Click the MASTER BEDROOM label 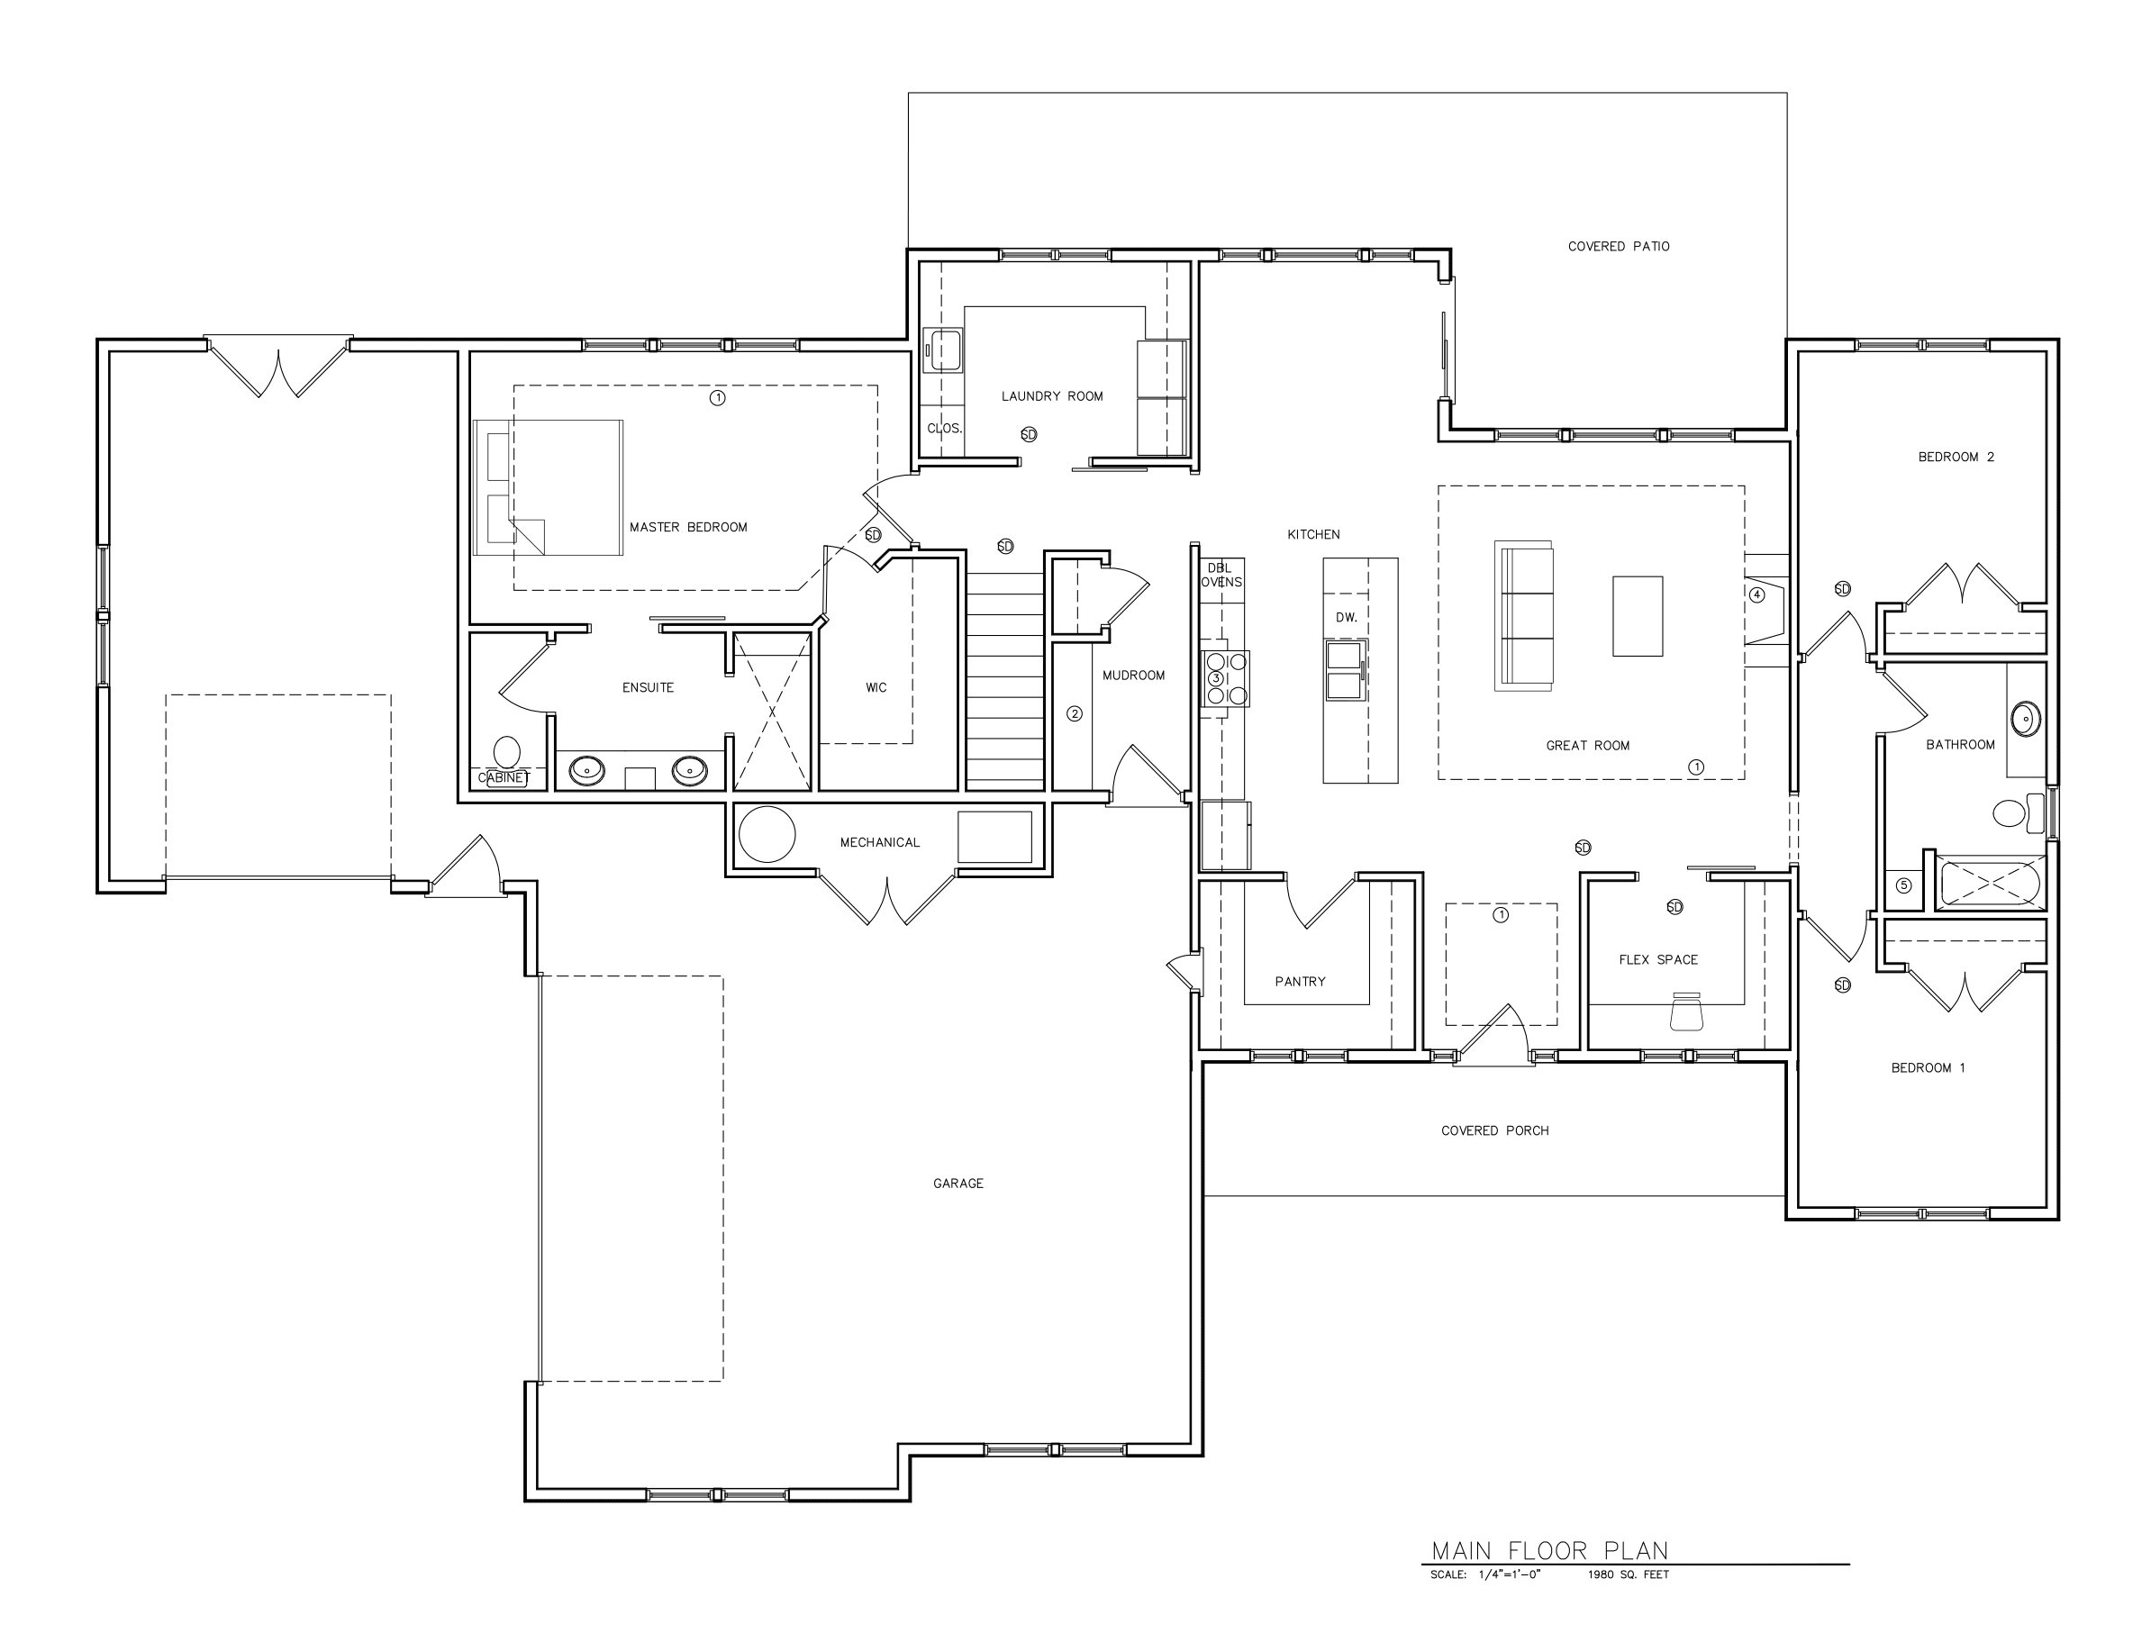(x=687, y=527)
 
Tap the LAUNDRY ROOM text (x=1051, y=395)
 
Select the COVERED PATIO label (x=1618, y=246)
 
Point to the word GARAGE (x=958, y=1183)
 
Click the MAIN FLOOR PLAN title (x=1549, y=1550)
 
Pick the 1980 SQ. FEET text (x=1628, y=1574)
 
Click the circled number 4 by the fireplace (x=1756, y=595)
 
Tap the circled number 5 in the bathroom (x=1903, y=885)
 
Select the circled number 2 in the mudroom (x=1074, y=713)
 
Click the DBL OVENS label (x=1221, y=575)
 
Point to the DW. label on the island (x=1346, y=618)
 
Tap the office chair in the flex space (x=1686, y=1012)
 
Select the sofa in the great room (x=1524, y=617)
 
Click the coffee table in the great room (x=1637, y=616)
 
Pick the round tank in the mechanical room (x=767, y=834)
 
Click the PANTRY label (x=1299, y=982)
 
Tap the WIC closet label (x=876, y=687)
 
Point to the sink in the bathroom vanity (x=2025, y=719)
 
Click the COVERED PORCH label (x=1494, y=1130)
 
